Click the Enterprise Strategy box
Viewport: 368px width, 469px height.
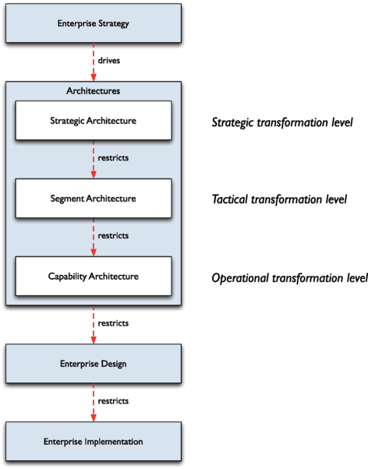[x=94, y=23]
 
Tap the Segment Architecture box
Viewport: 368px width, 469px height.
[x=94, y=198]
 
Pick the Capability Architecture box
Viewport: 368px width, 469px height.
[x=94, y=276]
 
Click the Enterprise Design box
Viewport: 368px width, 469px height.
[x=94, y=364]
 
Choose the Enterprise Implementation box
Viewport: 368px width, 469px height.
[x=94, y=441]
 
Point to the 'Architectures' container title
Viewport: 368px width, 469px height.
[x=94, y=91]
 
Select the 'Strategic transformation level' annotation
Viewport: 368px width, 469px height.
[x=283, y=122]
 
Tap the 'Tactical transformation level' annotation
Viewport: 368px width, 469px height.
[x=280, y=199]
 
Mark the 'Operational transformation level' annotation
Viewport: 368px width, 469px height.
[x=289, y=277]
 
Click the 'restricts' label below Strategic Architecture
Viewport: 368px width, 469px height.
[x=113, y=157]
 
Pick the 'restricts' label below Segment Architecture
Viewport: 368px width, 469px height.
[x=113, y=235]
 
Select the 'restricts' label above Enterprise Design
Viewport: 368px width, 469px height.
[x=113, y=323]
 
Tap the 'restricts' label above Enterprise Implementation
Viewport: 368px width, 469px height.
[x=113, y=400]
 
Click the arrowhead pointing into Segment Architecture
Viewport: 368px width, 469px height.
[x=94, y=175]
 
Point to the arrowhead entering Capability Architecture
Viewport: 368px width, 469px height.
[x=94, y=252]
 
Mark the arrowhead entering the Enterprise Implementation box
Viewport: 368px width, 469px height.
[x=94, y=418]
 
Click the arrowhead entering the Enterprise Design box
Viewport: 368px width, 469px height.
[x=94, y=340]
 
